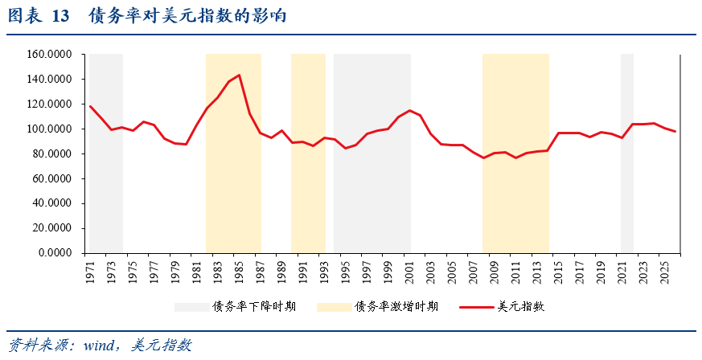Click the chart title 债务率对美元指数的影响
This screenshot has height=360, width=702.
point(187,15)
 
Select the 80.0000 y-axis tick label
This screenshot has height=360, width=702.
point(52,153)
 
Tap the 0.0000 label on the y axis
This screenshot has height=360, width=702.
point(55,252)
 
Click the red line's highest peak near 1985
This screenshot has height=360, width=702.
point(239,76)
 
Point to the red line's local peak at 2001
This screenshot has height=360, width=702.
point(409,111)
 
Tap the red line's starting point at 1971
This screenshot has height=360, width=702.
point(90,106)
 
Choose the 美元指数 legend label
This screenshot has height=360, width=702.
point(522,306)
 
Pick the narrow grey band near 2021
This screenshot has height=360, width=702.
point(626,153)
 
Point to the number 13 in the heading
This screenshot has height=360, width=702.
point(61,15)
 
